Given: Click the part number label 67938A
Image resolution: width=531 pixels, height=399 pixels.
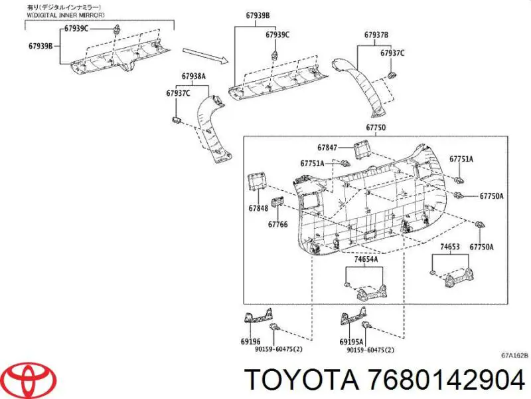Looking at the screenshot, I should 194,76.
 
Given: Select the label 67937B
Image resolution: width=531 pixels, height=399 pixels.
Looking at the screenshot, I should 376,35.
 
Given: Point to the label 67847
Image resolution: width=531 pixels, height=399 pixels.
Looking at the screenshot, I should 327,148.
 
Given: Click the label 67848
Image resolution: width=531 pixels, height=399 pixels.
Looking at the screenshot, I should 259,208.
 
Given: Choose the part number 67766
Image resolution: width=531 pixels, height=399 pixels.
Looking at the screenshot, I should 278,224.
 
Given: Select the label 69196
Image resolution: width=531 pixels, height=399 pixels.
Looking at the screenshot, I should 250,341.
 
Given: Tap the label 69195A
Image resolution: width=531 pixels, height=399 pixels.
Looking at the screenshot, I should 350,341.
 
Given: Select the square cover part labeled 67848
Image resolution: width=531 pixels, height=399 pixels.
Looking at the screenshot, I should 257,182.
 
